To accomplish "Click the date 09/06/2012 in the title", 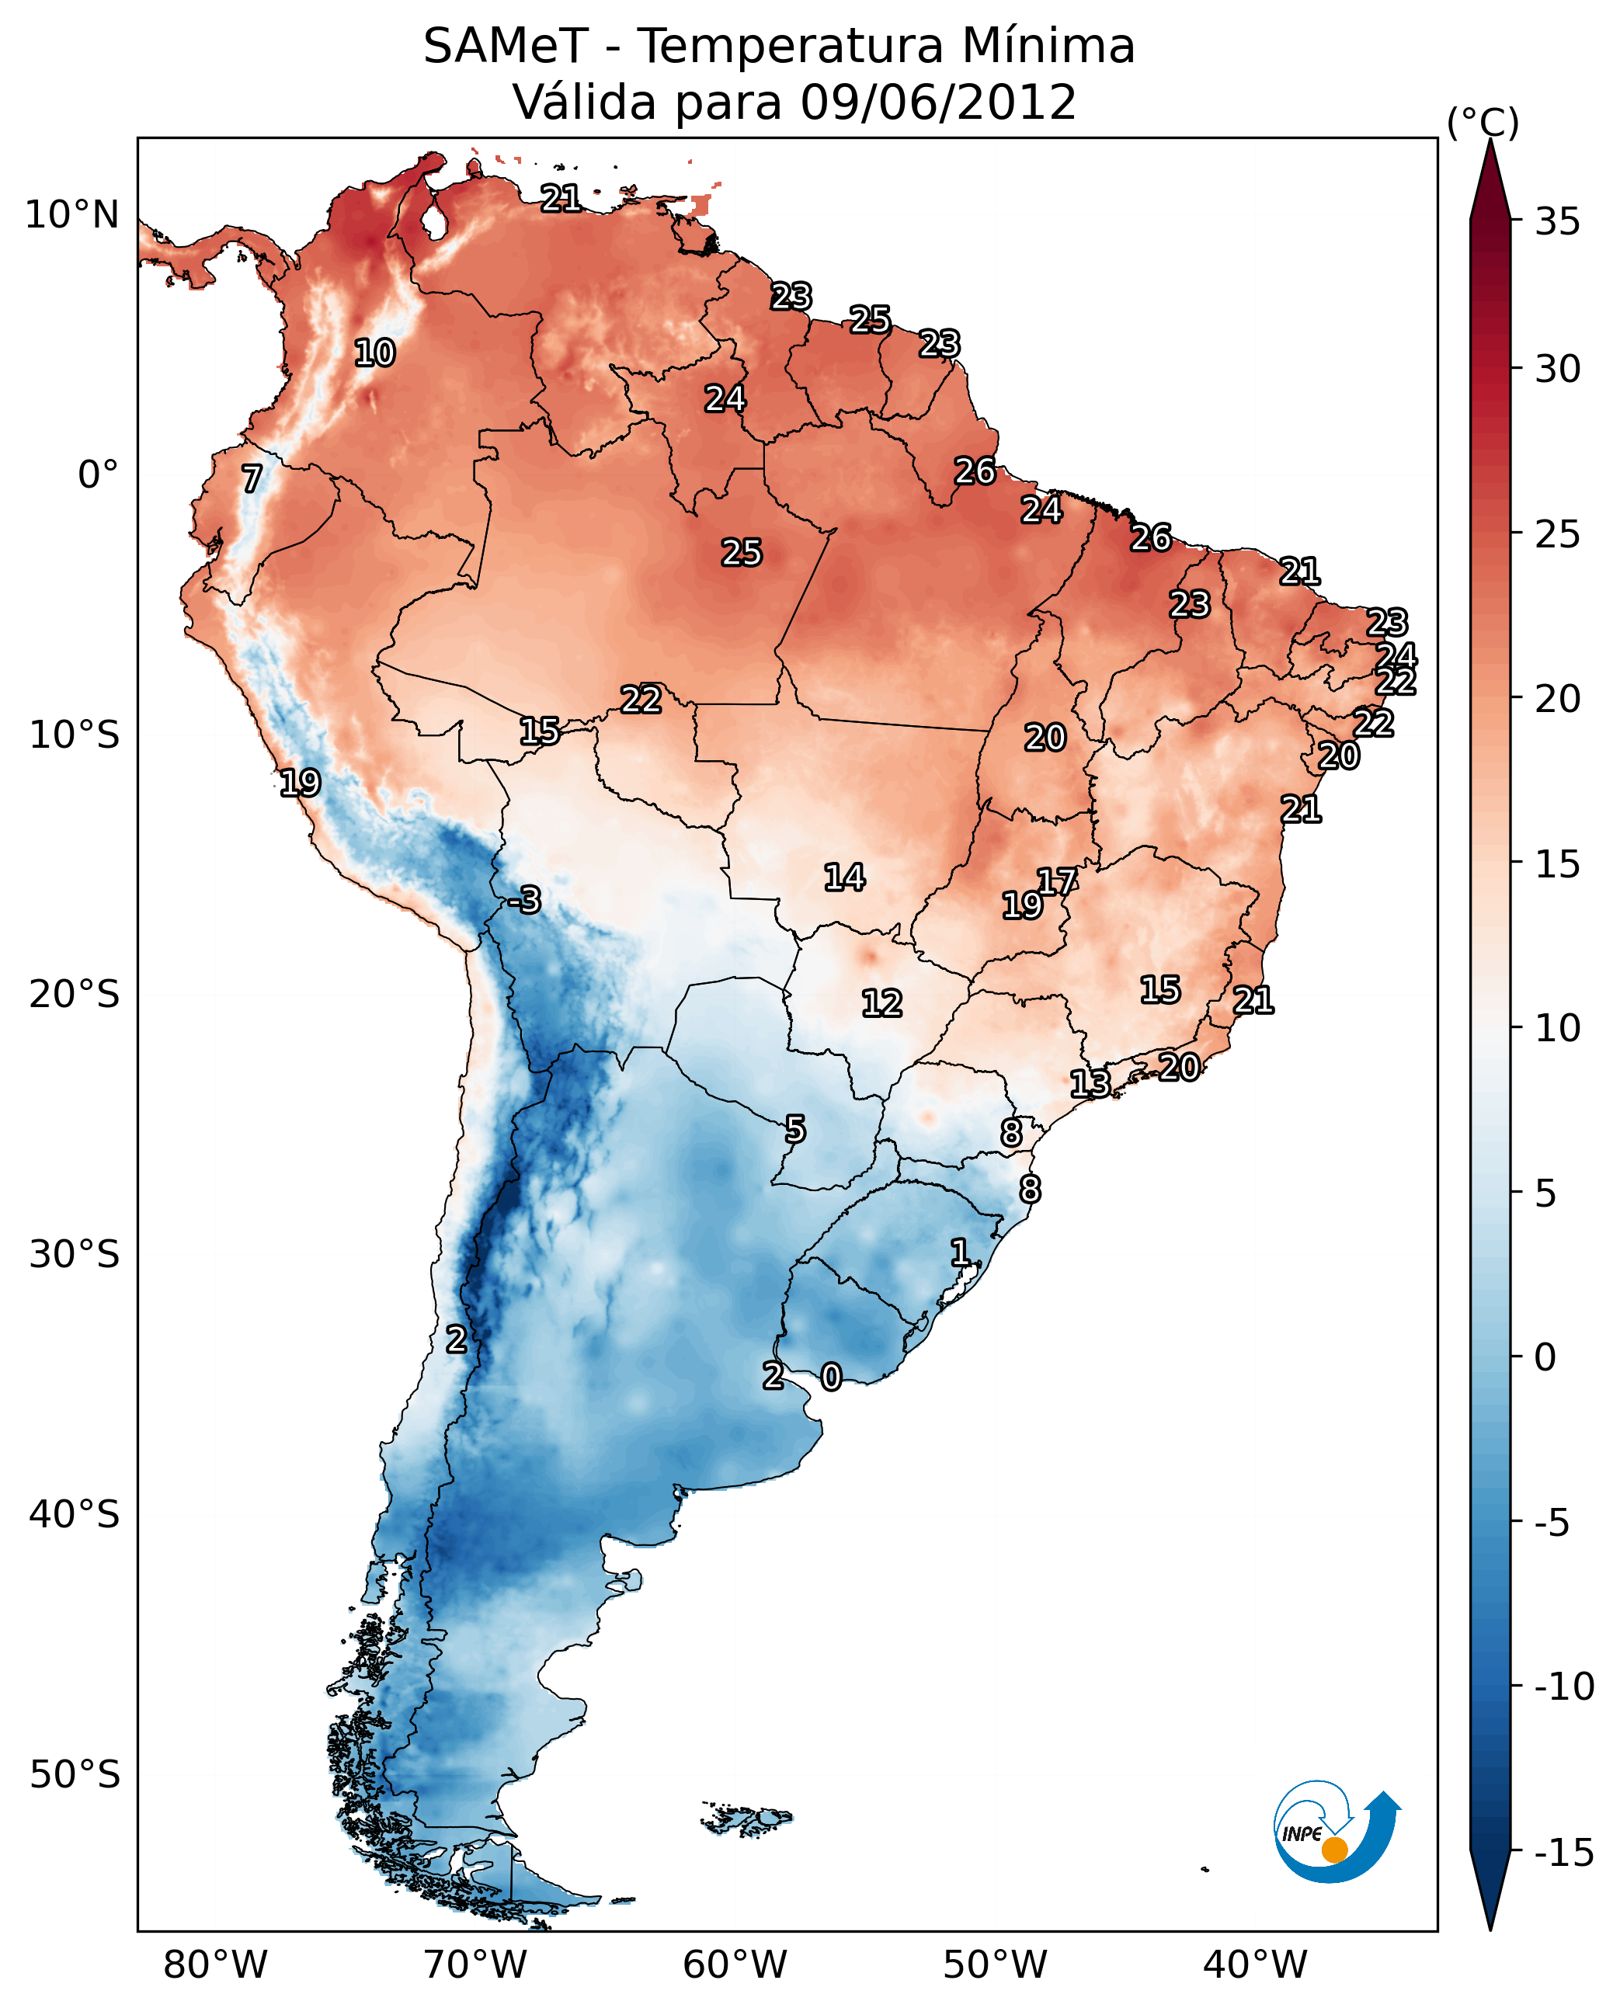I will tap(938, 102).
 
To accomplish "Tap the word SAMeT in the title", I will tap(505, 47).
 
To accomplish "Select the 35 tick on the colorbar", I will tap(1557, 222).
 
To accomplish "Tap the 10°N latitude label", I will tap(72, 216).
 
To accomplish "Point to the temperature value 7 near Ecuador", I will tap(252, 478).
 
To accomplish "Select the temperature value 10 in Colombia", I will tap(375, 353).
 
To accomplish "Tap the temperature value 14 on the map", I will tap(844, 877).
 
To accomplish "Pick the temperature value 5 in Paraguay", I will tap(795, 1130).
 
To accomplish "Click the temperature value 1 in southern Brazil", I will tap(959, 1252).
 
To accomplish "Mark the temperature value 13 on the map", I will tap(1090, 1083).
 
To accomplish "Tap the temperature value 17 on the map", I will tap(1057, 881).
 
